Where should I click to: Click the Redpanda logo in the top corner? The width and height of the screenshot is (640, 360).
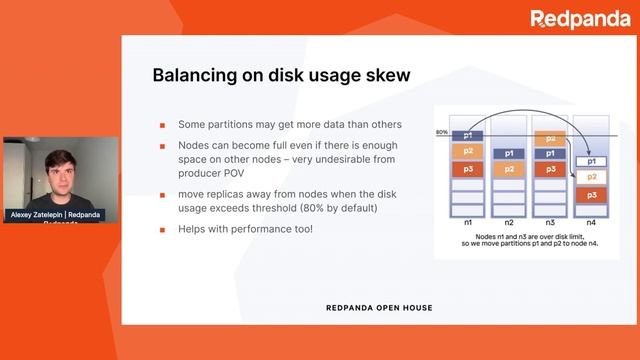pos(580,19)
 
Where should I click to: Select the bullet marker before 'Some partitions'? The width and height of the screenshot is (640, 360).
pos(163,125)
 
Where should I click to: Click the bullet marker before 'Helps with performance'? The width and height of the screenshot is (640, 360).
pos(163,229)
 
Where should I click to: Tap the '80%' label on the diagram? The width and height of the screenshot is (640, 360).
pos(441,132)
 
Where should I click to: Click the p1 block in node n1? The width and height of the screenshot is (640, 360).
pos(467,135)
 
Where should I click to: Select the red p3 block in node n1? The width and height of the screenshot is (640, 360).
pos(467,168)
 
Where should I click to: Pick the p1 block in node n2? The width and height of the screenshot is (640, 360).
pos(509,153)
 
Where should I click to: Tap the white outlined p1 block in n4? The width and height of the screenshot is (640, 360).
pos(592,160)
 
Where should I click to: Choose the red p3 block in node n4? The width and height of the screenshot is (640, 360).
pos(592,194)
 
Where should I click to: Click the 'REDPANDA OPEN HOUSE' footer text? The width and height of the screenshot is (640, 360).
pos(379,307)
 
